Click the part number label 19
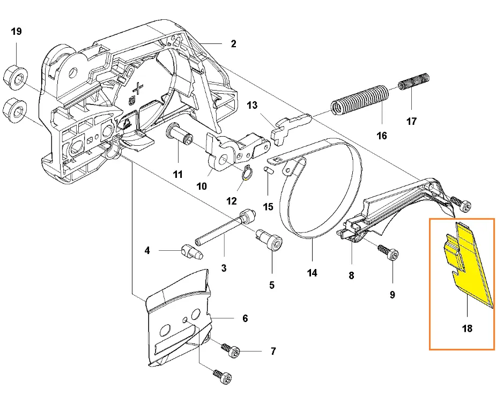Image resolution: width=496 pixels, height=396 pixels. coord(16,32)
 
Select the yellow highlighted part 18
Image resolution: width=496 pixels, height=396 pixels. coord(467,263)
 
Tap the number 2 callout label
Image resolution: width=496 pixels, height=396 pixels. coord(233,44)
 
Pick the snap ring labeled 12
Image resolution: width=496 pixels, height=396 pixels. coord(247,175)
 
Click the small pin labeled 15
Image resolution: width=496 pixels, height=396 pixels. coord(268,170)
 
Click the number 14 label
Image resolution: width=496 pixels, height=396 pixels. coord(312,273)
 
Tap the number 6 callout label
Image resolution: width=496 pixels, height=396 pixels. coord(245,319)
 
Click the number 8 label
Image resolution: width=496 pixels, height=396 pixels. coord(351,275)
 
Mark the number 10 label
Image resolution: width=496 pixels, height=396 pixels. coord(202,186)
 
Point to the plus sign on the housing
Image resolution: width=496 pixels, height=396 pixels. coord(139,88)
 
